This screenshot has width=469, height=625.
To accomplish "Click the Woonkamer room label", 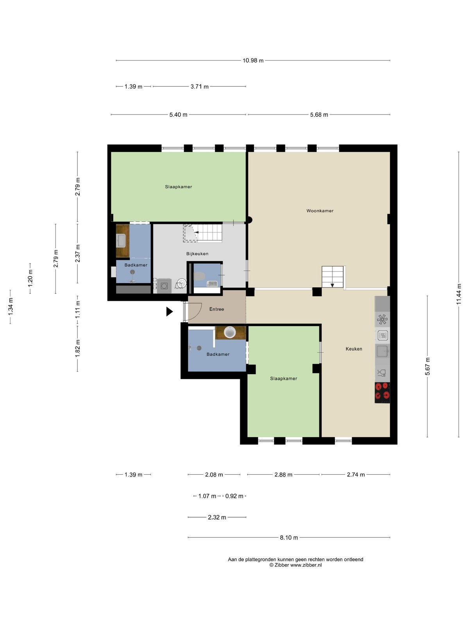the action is pos(319,211).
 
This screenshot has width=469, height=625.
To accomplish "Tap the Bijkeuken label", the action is pos(197,254).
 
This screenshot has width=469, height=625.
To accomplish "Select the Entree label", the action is pos(217,309).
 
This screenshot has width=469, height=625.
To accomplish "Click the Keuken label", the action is pos(354,349).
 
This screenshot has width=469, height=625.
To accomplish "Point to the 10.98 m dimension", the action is pos(253,61).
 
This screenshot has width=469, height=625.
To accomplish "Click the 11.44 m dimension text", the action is pos(459,294).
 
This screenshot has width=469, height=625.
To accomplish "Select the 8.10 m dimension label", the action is pos(289,537).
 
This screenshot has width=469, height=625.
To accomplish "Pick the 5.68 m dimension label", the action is pos(319,115).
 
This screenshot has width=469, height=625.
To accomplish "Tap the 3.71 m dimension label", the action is pos(199,87).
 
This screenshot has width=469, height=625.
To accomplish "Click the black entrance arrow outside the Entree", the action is pos(170,311).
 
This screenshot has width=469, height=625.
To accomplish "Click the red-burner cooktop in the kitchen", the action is pos(382,393).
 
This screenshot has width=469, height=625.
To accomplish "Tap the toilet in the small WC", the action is pos(199,276).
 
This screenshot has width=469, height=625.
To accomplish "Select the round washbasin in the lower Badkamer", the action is pos(229,332).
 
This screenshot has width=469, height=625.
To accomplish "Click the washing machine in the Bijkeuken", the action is pos(164,286).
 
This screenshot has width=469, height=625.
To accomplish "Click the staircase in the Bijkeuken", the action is pos(202,233).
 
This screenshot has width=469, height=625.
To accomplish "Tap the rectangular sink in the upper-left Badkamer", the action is pos(121,241).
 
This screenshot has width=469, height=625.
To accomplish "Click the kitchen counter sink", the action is pos(382,351).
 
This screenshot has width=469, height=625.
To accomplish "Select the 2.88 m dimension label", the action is pos(283,475).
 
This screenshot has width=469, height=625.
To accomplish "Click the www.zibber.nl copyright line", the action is pos(295,565).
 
